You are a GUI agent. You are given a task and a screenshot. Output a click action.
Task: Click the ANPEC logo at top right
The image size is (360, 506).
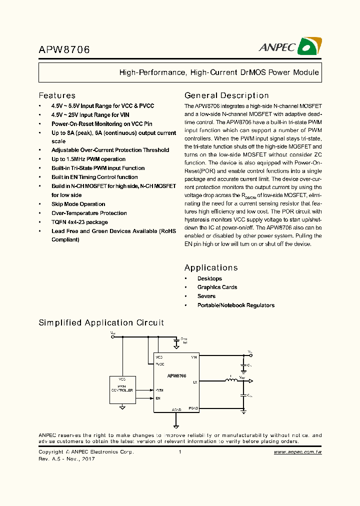290,47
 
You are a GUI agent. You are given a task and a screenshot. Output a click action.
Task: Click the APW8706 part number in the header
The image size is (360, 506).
64,50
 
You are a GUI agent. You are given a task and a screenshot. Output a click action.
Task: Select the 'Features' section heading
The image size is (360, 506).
57,95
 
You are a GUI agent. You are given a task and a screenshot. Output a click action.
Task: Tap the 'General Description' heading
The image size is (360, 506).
226,95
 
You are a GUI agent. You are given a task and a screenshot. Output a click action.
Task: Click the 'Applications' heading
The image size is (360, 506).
211,268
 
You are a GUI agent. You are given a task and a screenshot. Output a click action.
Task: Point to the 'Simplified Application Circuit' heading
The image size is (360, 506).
101,323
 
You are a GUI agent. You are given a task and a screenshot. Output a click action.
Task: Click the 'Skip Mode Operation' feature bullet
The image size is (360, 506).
78,204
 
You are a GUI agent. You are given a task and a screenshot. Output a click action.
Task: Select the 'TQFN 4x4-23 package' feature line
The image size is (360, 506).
79,222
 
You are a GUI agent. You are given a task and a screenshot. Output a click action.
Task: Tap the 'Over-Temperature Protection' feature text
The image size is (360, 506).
89,213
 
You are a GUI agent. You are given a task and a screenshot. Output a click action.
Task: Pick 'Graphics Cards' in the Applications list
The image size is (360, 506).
217,287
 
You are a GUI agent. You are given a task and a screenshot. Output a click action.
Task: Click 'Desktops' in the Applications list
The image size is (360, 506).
209,278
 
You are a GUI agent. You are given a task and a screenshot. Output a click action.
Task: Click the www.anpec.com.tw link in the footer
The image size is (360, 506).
297,452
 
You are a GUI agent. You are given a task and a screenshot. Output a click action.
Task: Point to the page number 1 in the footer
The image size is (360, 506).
179,452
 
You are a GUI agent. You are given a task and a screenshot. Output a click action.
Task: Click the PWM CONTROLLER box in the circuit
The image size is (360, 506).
122,389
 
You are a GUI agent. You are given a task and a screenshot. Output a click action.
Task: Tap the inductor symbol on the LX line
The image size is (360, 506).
231,381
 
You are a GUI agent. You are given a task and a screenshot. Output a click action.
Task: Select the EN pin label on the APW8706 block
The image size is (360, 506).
158,398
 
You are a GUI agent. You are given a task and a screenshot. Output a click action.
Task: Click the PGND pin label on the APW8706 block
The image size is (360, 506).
193,408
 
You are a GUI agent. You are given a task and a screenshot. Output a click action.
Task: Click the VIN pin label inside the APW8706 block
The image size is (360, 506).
194,357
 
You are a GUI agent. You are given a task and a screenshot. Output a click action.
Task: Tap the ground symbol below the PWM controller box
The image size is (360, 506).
122,407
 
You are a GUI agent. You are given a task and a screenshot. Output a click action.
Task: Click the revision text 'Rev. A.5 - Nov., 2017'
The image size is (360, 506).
66,459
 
